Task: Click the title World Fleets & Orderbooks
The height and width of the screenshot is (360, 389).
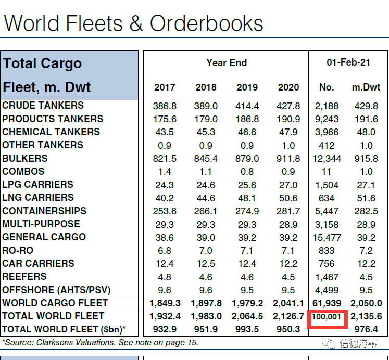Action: pyautogui.click(x=133, y=23)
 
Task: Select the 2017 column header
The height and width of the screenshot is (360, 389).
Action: pyautogui.click(x=165, y=87)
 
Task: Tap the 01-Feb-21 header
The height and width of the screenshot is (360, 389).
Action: pyautogui.click(x=348, y=62)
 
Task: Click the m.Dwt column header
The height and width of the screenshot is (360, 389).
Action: pyautogui.click(x=366, y=87)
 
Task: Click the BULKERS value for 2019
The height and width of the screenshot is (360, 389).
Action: pyautogui.click(x=247, y=159)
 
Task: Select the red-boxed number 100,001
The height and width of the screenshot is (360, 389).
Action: pyautogui.click(x=327, y=316)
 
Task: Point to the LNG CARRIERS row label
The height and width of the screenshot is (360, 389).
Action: pyautogui.click(x=38, y=198)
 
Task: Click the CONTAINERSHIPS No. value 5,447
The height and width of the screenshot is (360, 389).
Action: pyautogui.click(x=327, y=211)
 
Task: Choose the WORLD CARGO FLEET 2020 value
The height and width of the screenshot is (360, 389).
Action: pyautogui.click(x=288, y=303)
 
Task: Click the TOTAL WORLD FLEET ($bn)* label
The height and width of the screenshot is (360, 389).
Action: pyautogui.click(x=64, y=329)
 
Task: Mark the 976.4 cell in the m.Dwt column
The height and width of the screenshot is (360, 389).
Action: pyautogui.click(x=366, y=329)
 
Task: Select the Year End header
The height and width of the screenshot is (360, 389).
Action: pyautogui.click(x=227, y=62)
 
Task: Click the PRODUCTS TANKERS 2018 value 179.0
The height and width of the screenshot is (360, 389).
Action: pyautogui.click(x=206, y=119)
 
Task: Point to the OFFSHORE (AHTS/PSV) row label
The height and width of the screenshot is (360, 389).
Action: pyautogui.click(x=56, y=290)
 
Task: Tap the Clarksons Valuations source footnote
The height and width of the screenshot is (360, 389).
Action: pyautogui.click(x=100, y=342)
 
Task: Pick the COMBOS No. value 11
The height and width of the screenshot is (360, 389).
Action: pyautogui.click(x=327, y=172)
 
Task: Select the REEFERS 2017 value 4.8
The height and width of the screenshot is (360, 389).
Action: pyautogui.click(x=165, y=277)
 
